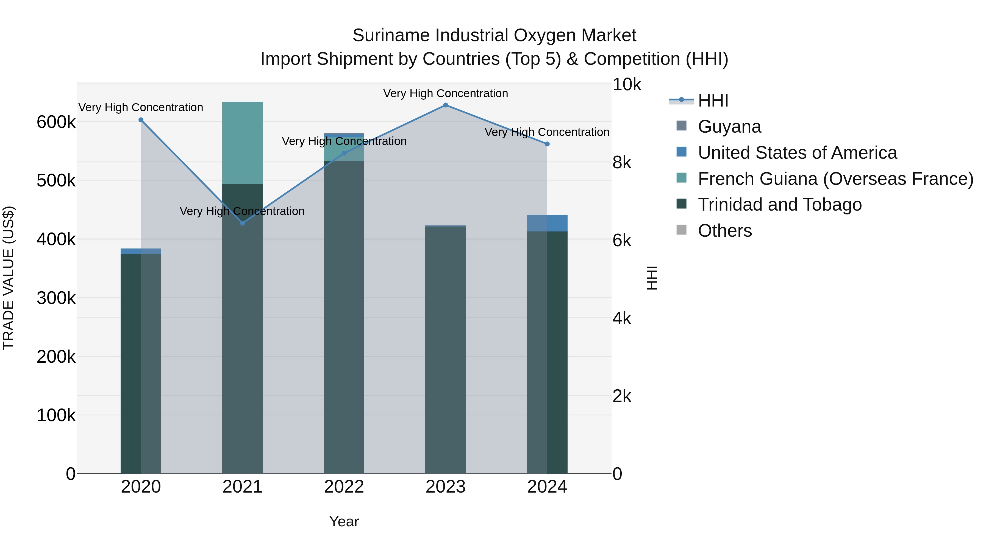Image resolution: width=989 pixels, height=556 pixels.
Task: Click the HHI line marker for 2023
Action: [445, 105]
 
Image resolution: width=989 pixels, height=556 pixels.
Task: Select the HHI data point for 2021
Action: [242, 223]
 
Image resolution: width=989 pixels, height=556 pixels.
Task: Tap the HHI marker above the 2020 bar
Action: [141, 120]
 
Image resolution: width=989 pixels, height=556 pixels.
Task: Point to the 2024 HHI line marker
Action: [547, 144]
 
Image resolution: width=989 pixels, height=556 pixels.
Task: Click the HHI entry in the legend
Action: [713, 100]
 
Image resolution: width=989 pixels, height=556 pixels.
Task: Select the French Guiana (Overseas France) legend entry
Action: [835, 179]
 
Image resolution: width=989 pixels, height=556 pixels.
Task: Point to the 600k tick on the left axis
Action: [56, 122]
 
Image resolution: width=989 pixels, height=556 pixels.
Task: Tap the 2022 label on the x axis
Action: [344, 487]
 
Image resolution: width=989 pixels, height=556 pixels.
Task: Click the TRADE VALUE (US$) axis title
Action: [9, 278]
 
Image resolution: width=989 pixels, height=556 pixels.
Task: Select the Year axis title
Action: [344, 521]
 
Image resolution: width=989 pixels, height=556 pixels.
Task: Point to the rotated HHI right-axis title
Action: [652, 278]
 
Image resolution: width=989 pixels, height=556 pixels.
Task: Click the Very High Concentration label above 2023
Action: [445, 93]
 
